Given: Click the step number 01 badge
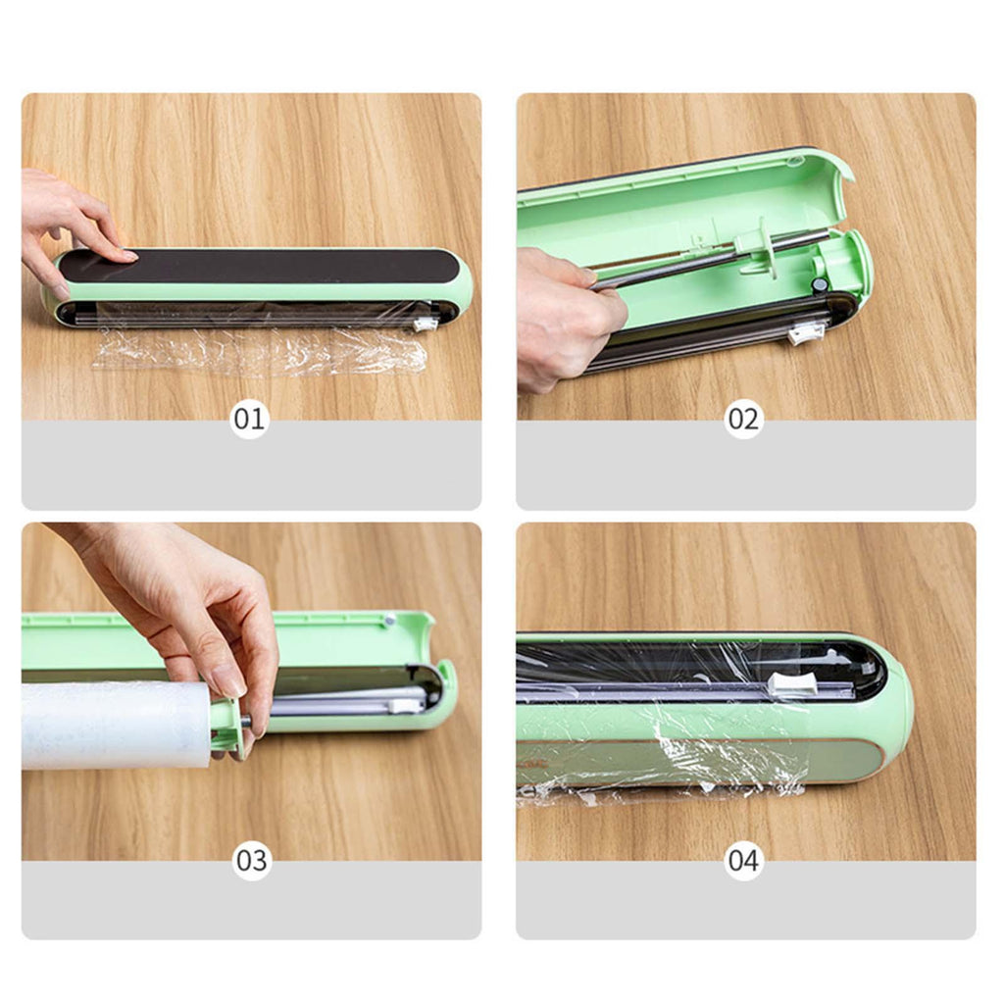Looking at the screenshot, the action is [249, 419].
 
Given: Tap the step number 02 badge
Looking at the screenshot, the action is [743, 419].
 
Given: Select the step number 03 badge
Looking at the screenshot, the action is [251, 861].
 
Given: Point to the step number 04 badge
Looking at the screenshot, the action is [743, 861].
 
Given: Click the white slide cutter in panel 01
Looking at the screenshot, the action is [424, 324].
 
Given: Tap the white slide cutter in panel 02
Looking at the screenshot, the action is [805, 333].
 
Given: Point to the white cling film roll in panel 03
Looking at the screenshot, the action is [116, 725].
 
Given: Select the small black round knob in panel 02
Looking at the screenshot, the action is [819, 284].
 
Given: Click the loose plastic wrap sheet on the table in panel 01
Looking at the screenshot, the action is [259, 352].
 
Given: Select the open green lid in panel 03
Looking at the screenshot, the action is [237, 640].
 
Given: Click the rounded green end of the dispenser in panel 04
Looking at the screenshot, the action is [890, 711].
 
